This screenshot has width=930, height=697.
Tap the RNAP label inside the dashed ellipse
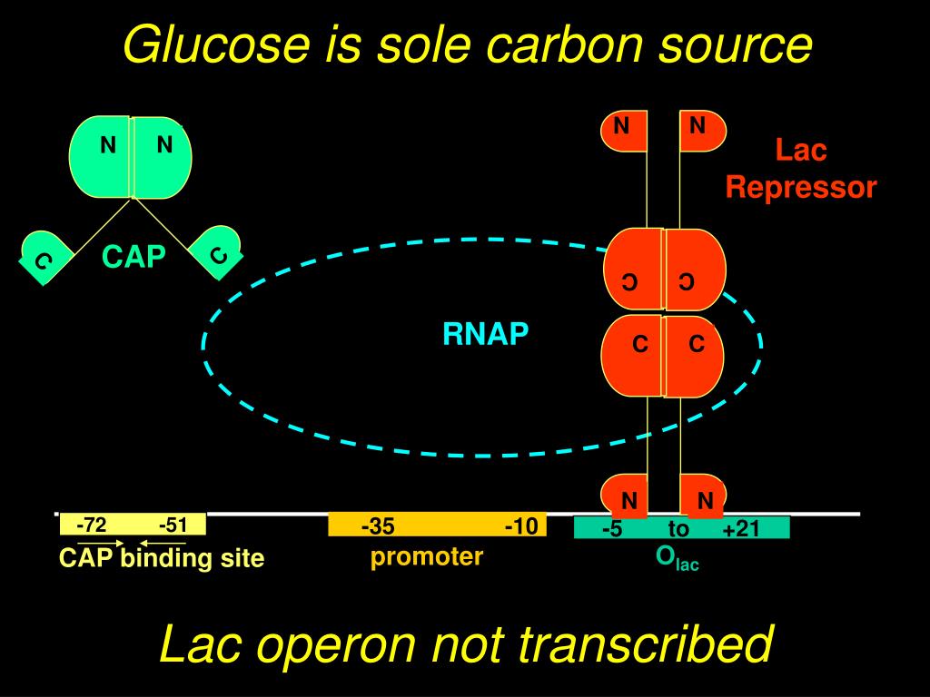[x=485, y=335]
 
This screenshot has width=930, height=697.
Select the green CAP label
[x=134, y=258]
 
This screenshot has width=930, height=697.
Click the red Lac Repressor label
[x=800, y=169]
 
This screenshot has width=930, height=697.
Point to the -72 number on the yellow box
[x=91, y=525]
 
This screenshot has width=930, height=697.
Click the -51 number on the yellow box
[x=173, y=525]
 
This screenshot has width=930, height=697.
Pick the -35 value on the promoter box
[x=377, y=526]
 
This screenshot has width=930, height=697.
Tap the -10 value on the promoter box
[x=521, y=526]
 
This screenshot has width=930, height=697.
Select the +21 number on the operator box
[x=740, y=529]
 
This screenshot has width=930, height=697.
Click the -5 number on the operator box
[x=611, y=529]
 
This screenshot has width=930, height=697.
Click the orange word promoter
[x=426, y=556]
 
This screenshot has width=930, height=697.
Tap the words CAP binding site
[x=162, y=558]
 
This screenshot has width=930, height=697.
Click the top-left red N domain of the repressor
[x=623, y=130]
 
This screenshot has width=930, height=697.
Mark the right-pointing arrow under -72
[x=100, y=543]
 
